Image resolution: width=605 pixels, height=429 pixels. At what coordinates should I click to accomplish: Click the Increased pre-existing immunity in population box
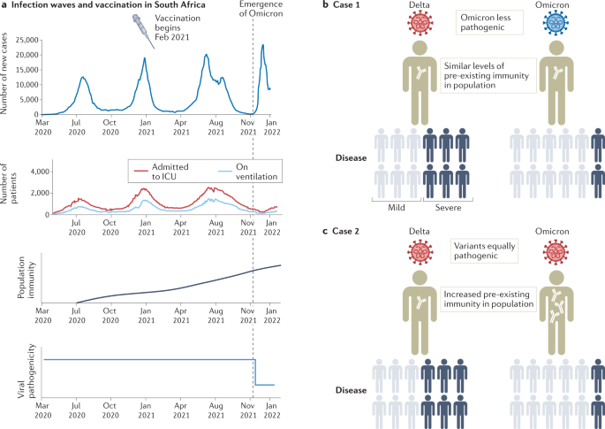488,303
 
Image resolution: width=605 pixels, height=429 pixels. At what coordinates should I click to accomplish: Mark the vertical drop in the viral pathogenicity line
255,372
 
